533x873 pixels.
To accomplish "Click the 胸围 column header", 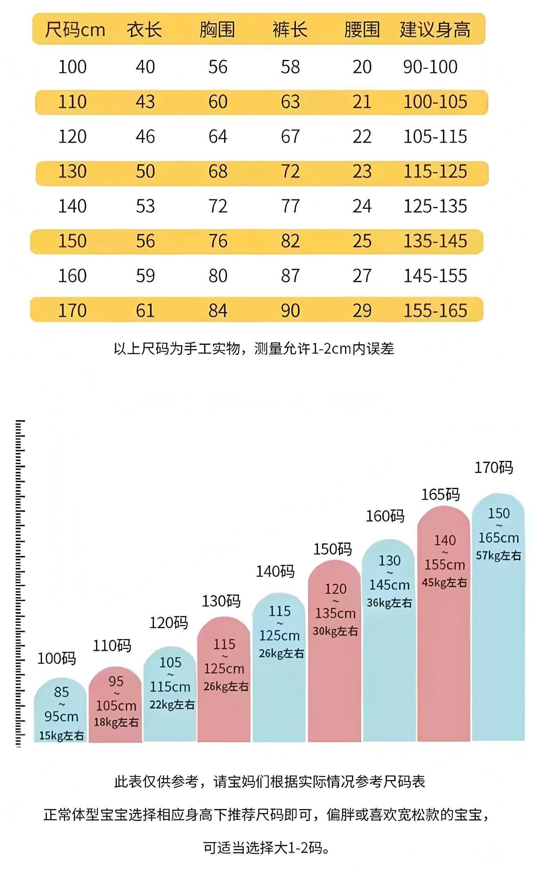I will (x=217, y=30).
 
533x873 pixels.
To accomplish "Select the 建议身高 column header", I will (x=435, y=30).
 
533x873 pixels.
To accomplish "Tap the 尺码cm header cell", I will (x=75, y=30).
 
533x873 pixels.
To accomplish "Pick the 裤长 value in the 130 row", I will (x=290, y=172).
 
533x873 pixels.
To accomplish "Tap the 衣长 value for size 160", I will (x=145, y=276).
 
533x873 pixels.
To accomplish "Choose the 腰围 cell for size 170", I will (x=362, y=311).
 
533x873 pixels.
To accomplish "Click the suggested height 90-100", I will (x=430, y=67).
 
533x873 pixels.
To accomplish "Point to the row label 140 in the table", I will (x=72, y=206).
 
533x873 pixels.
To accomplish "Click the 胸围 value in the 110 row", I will (x=218, y=102).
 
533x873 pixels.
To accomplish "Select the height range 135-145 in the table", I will (x=435, y=241).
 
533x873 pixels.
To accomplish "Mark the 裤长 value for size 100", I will (x=290, y=67).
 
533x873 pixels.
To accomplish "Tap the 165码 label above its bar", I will (x=440, y=494).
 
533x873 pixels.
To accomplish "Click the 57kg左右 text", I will (x=498, y=555).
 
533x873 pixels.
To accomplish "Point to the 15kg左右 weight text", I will (x=62, y=735).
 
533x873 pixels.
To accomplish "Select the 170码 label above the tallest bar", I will (x=493, y=467).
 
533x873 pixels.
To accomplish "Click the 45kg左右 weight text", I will (x=444, y=583).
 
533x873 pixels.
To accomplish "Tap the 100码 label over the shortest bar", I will (x=56, y=659).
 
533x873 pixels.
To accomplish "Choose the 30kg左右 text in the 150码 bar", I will (x=335, y=631).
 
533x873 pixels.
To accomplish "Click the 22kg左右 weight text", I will (x=172, y=705).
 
